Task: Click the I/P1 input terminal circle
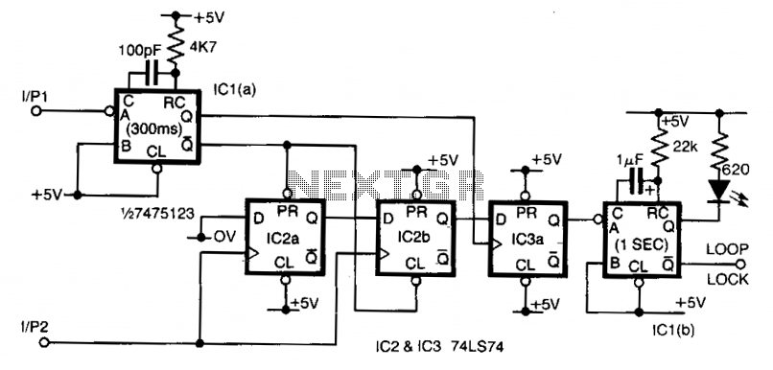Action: (35, 111)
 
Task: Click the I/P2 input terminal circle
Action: (44, 343)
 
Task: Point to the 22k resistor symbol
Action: (658, 149)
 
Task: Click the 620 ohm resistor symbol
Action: (719, 149)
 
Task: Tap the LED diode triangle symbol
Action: (719, 191)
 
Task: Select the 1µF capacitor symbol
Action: (638, 181)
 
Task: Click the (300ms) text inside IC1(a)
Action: (152, 131)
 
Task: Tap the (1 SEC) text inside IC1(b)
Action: (641, 243)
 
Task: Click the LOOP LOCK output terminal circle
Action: (739, 265)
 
